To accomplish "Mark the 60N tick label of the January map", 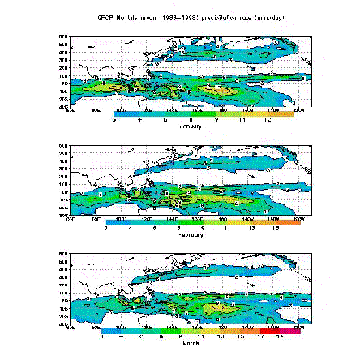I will tap(64, 45).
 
